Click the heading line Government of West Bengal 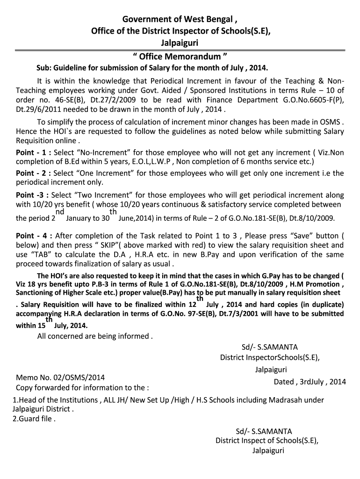click(180, 19)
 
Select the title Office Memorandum click(180, 57)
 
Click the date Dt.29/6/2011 click(37, 109)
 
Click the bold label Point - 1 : click(34, 152)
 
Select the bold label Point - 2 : click(34, 173)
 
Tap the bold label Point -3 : click(33, 195)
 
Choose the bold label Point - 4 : click(34, 235)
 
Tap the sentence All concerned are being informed click(94, 336)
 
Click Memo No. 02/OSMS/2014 click(60, 377)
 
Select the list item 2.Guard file click(34, 419)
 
